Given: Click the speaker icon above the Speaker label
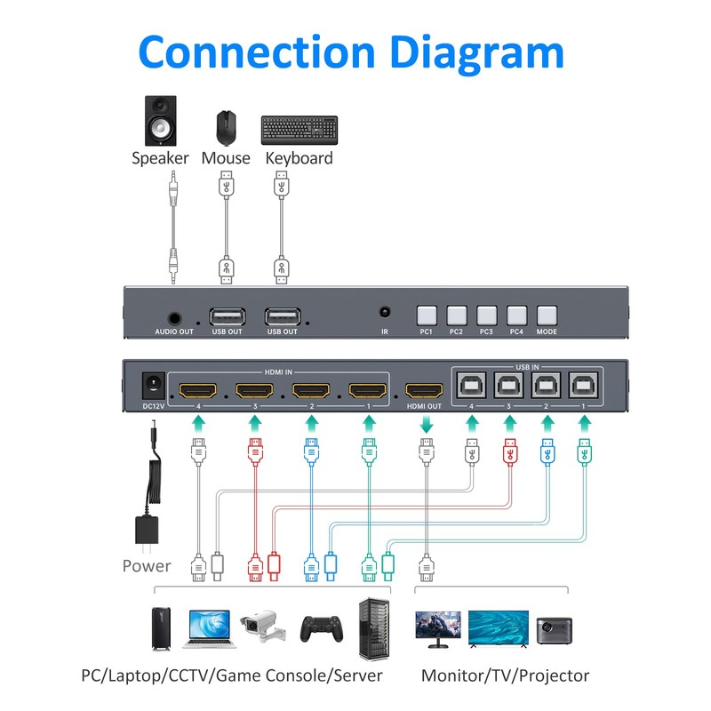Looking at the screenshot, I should click(160, 121).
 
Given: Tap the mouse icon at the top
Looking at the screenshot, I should click(225, 127).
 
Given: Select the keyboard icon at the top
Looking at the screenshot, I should click(299, 130).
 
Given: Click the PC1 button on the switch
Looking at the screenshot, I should click(427, 314).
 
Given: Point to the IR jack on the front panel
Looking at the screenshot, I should click(385, 313).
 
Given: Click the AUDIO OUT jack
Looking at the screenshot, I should click(173, 316).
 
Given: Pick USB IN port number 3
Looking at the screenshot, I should click(508, 384).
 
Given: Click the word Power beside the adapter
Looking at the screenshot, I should click(147, 565).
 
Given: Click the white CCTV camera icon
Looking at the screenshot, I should click(264, 627).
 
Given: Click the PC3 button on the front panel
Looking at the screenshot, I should click(486, 314).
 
